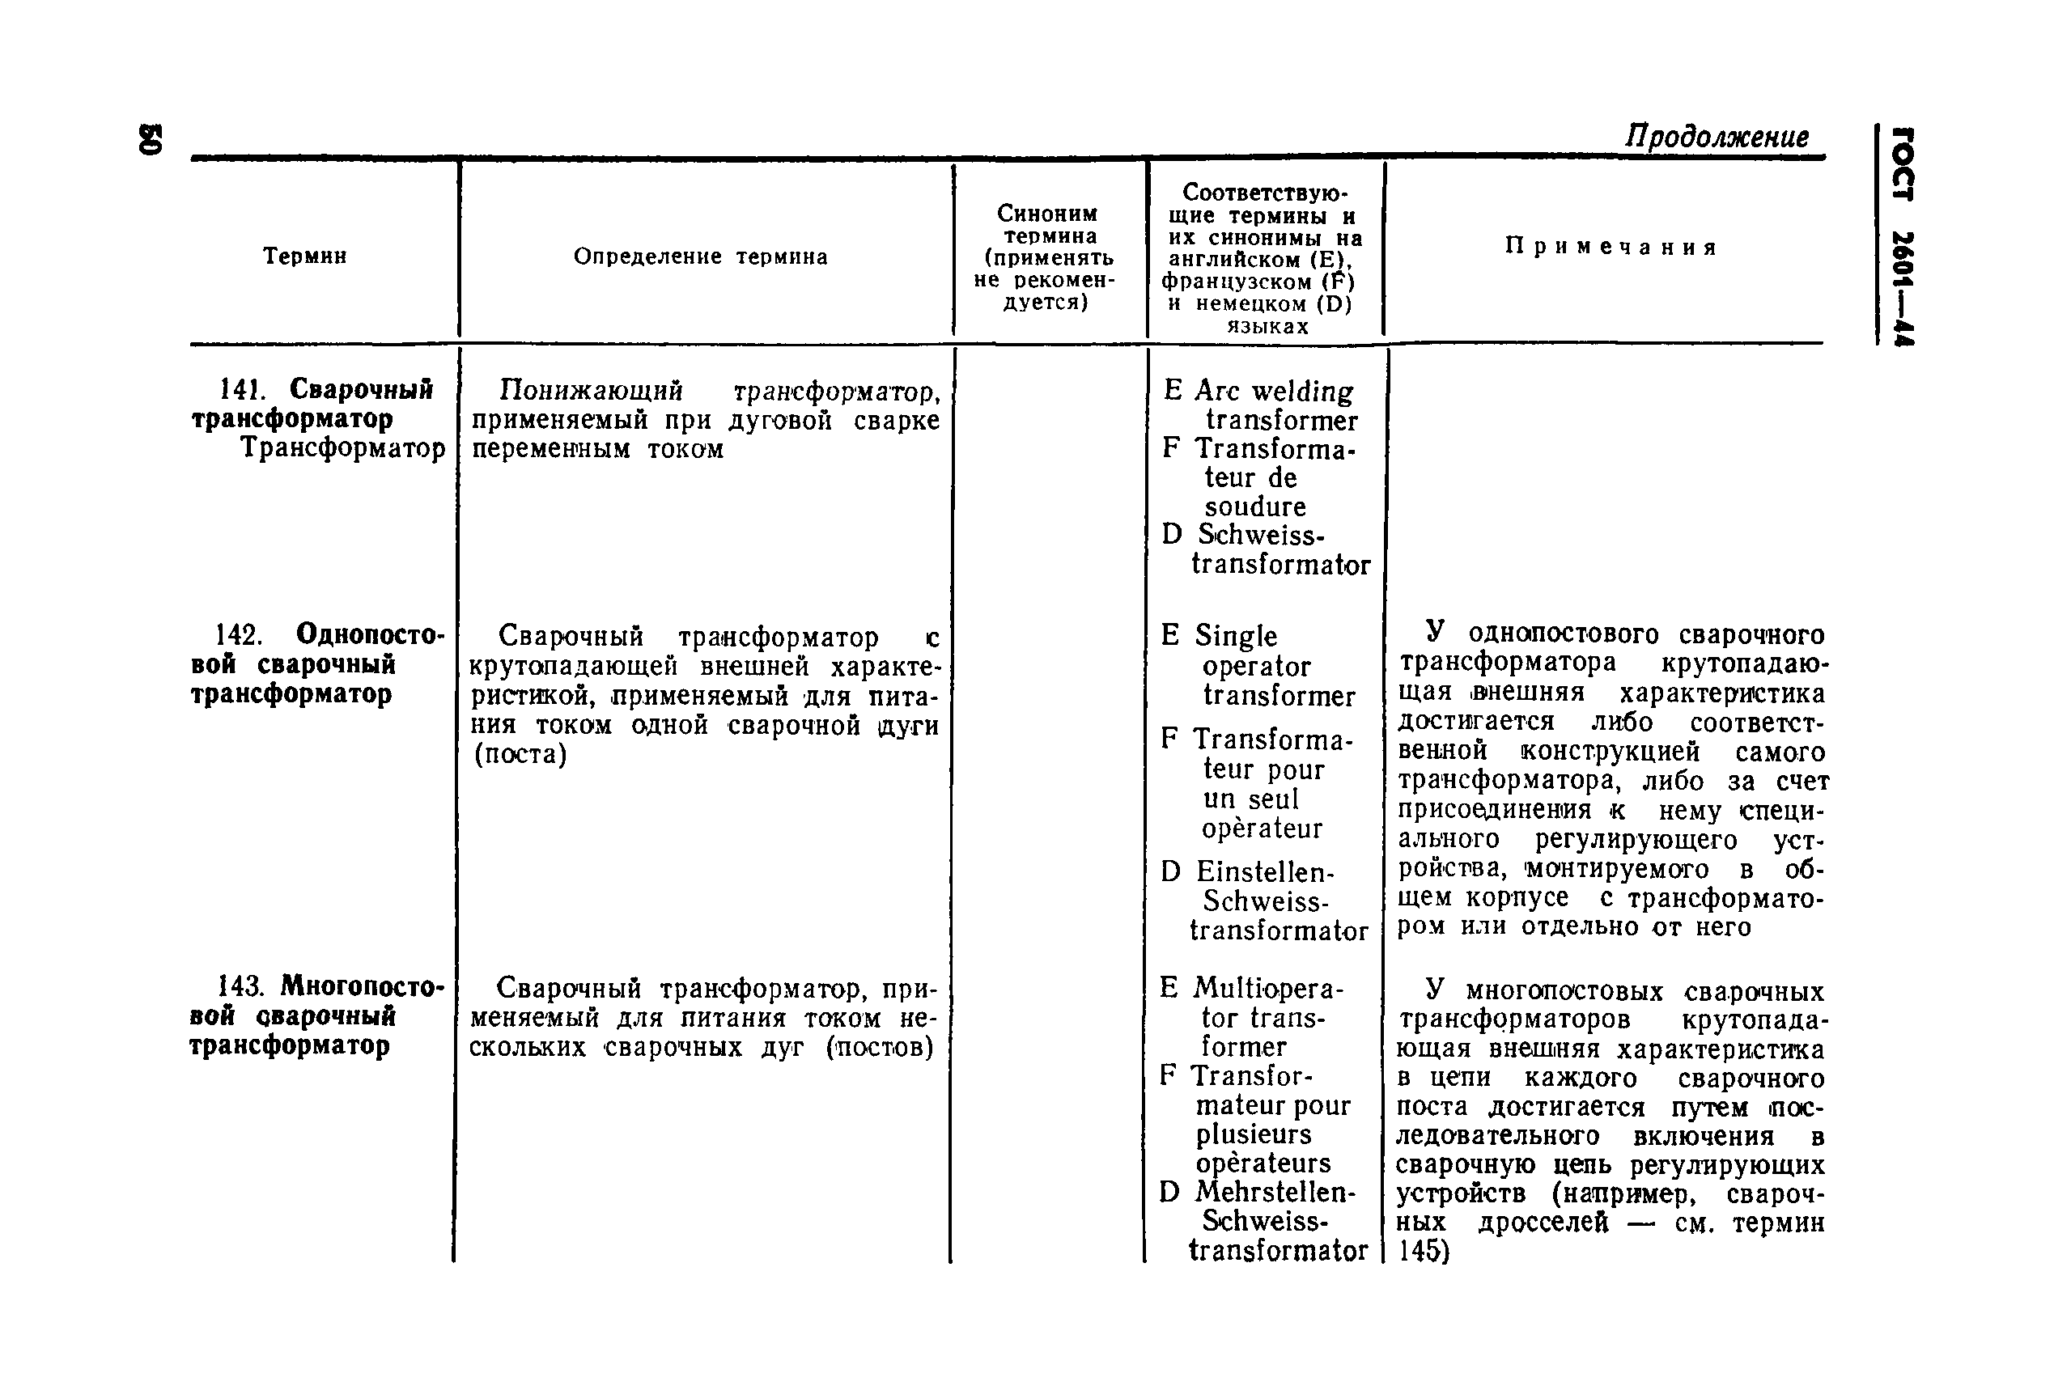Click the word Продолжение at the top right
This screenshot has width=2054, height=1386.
pos(1716,137)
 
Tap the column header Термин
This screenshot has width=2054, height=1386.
pos(304,256)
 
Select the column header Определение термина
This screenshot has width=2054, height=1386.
pos(700,257)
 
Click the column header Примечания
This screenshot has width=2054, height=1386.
pos(1611,248)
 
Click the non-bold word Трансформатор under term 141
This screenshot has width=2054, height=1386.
pos(343,449)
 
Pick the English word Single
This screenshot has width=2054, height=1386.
pos(1236,636)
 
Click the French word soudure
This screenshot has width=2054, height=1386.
pos(1255,507)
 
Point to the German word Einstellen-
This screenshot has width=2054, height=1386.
pos(1265,872)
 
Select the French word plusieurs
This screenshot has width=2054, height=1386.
pos(1254,1134)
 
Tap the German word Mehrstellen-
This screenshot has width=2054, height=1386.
pos(1275,1193)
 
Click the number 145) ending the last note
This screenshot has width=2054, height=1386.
pos(1424,1251)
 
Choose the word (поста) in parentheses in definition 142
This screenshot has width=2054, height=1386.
pos(520,754)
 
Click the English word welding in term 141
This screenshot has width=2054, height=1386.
pos(1302,392)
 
